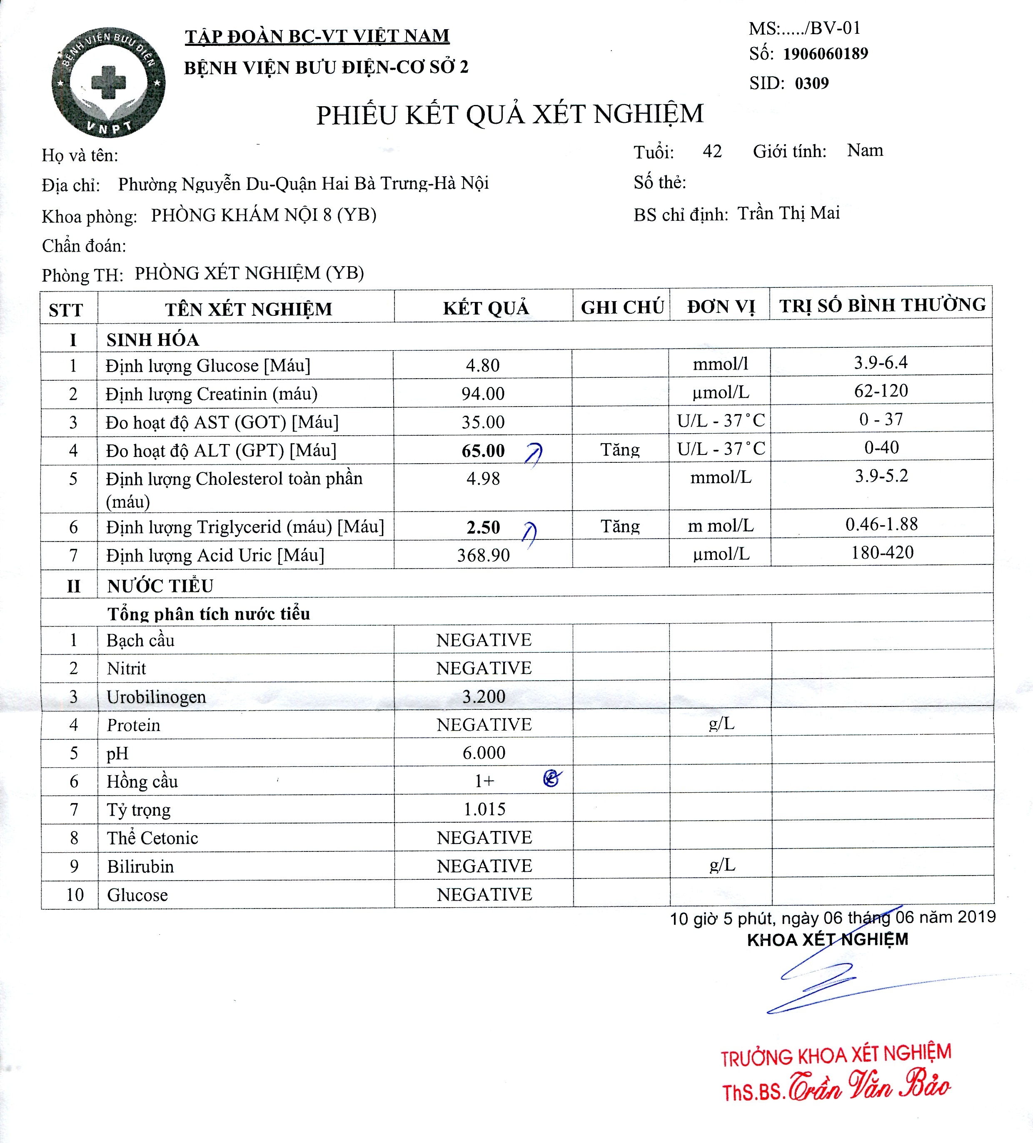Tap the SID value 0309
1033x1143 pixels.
(x=811, y=83)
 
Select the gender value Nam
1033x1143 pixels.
(x=865, y=150)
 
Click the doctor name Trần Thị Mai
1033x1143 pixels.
(x=788, y=213)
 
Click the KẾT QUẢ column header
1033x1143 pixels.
(x=485, y=308)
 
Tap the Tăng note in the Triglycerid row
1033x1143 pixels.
(x=620, y=526)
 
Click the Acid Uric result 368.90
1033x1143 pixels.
(x=483, y=555)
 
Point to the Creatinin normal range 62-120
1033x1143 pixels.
(x=881, y=391)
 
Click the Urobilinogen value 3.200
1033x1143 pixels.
(x=484, y=696)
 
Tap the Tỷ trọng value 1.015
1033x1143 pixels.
(x=484, y=809)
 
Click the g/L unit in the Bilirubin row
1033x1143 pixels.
(x=722, y=865)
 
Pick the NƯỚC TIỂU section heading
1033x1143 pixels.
(x=160, y=586)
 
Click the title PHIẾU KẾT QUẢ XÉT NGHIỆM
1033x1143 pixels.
(x=509, y=115)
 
